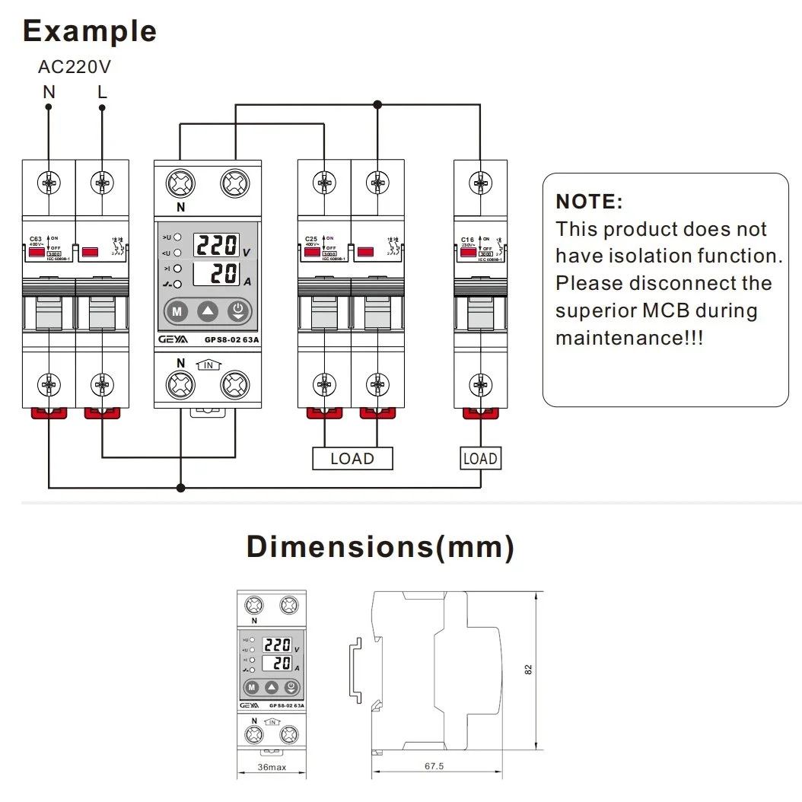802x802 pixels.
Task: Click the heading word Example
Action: tap(90, 31)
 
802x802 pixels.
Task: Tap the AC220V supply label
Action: tap(75, 67)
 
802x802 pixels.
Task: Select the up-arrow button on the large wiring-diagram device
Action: tap(208, 310)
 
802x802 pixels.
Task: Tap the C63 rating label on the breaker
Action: tap(36, 239)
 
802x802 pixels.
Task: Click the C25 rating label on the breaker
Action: tap(311, 239)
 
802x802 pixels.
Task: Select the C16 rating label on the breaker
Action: tap(467, 239)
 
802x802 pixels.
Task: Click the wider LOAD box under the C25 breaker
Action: tap(352, 459)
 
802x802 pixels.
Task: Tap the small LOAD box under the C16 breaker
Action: tap(480, 459)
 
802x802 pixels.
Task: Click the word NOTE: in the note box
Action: tap(590, 202)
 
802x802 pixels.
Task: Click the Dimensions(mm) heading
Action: tap(380, 547)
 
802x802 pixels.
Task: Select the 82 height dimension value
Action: tap(529, 669)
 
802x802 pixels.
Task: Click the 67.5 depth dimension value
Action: tap(434, 766)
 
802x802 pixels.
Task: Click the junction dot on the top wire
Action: tap(377, 104)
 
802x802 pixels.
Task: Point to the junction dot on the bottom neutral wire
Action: tap(180, 486)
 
